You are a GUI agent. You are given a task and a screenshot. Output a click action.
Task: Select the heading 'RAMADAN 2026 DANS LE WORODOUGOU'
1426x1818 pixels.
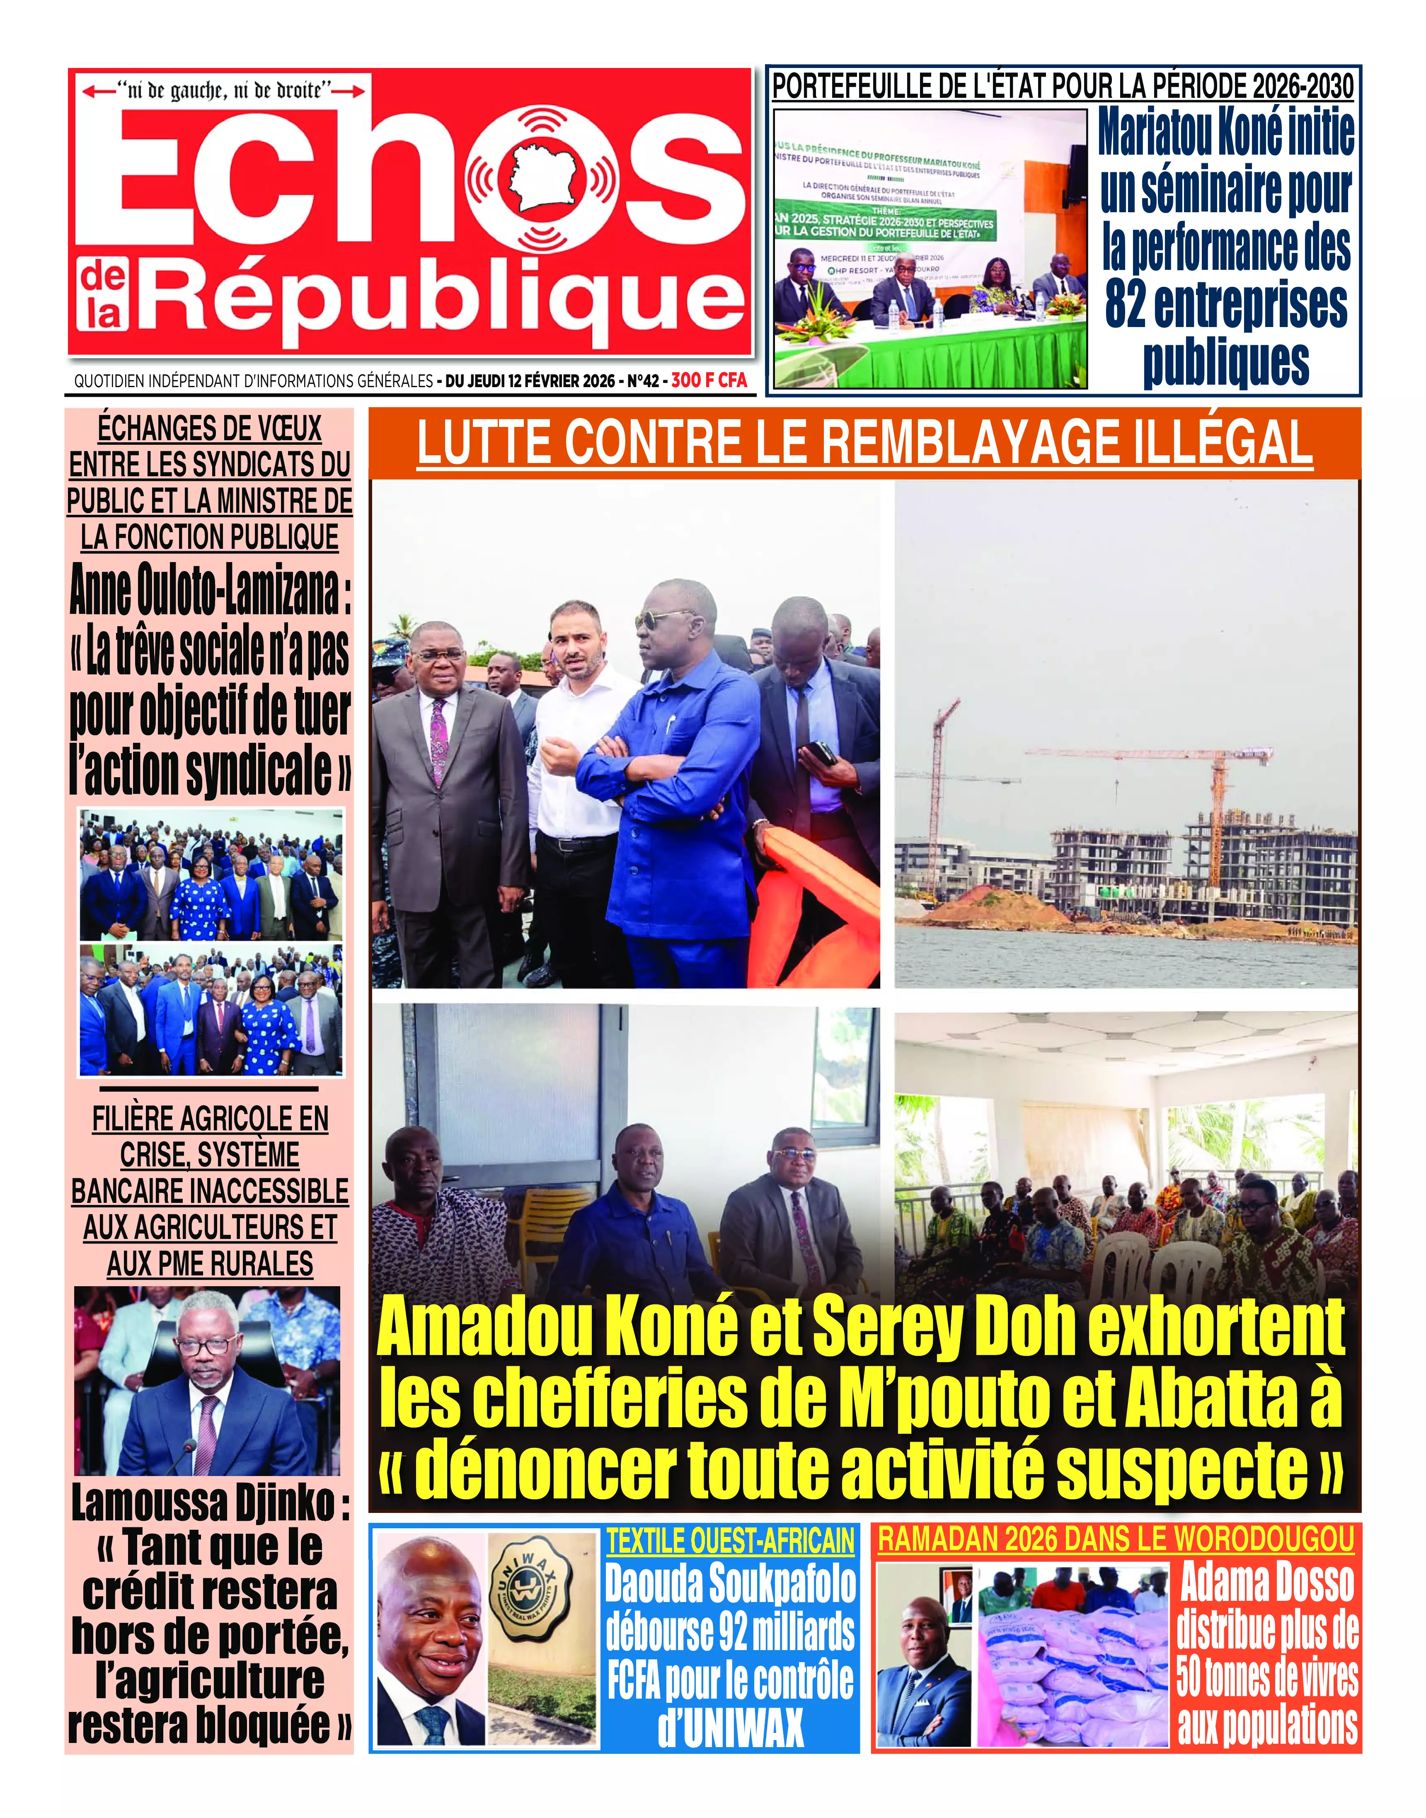point(1116,1539)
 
